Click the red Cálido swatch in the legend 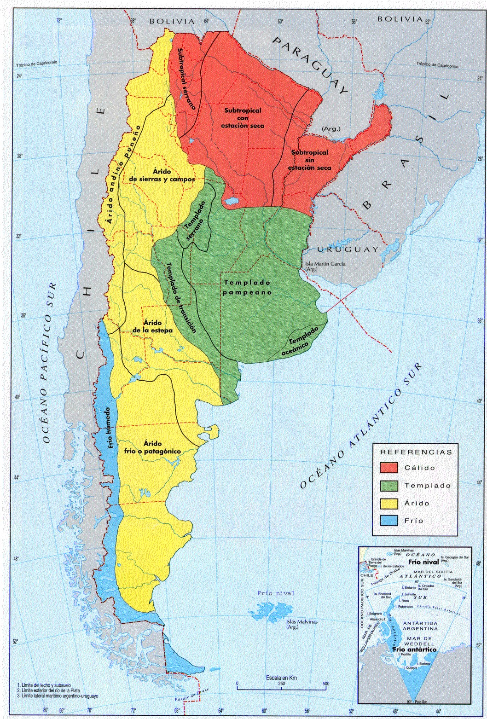tap(389, 467)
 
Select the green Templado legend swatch tap(389, 485)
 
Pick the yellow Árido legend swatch tap(389, 503)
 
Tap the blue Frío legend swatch tap(389, 521)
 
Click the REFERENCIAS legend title tap(416, 452)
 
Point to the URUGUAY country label tap(348, 249)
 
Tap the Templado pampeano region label tap(247, 287)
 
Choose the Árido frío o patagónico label tap(152, 447)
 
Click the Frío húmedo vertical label tap(110, 428)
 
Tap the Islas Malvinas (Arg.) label tap(302, 624)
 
